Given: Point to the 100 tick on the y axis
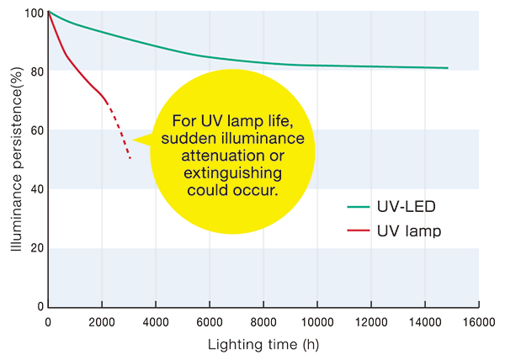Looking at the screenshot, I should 33,13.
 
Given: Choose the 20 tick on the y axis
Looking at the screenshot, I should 36,249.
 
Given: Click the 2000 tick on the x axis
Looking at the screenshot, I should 102,322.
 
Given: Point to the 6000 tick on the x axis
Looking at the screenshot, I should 210,322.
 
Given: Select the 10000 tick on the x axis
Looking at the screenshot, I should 317,322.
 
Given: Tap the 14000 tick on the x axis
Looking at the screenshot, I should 425,322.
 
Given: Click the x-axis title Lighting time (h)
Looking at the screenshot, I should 263,345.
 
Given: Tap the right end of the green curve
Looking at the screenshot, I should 447,68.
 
